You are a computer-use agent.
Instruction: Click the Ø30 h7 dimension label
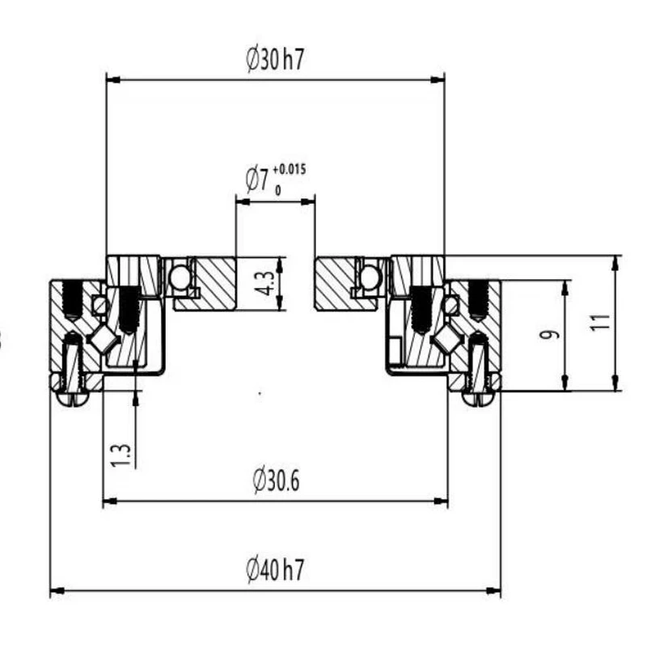tap(275, 60)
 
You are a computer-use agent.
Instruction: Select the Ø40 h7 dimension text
tap(275, 570)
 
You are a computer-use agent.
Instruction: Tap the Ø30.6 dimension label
tap(276, 480)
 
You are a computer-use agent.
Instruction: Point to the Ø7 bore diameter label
tap(257, 180)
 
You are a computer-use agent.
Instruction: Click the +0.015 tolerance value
tap(290, 170)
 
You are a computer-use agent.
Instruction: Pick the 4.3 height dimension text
tap(264, 283)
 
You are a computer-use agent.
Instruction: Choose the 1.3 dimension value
tap(121, 455)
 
